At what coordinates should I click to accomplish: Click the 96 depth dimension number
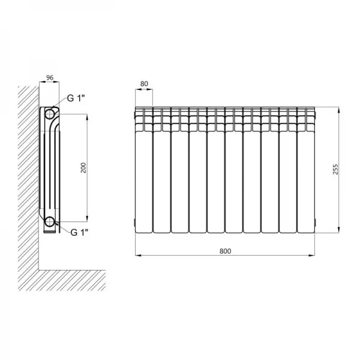[x=50, y=77]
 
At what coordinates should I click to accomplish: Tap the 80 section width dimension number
[x=144, y=84]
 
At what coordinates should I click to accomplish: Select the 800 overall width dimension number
[x=225, y=251]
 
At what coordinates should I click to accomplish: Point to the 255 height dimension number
[x=335, y=169]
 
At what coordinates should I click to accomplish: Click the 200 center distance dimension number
[x=83, y=167]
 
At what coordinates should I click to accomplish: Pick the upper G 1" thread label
[x=76, y=98]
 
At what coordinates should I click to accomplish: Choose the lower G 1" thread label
[x=79, y=233]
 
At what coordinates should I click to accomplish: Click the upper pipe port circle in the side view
[x=49, y=113]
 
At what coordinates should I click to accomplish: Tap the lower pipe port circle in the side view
[x=49, y=221]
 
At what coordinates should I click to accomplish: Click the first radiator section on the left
[x=144, y=170]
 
